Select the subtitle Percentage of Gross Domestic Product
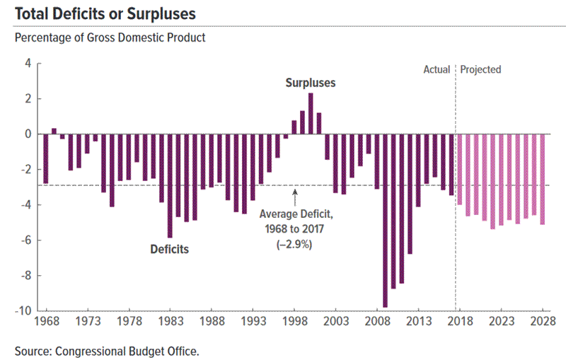tap(110, 37)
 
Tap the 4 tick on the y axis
tap(28, 63)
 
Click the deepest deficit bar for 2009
tap(385, 220)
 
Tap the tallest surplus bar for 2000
tap(311, 113)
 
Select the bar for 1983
tap(170, 185)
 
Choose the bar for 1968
tap(46, 158)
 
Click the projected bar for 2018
tap(460, 169)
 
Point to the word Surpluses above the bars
tap(310, 83)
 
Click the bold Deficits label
tap(170, 249)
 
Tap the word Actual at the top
tap(437, 69)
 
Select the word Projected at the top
tap(480, 69)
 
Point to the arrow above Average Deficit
tap(294, 194)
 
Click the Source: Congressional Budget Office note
tap(106, 349)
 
